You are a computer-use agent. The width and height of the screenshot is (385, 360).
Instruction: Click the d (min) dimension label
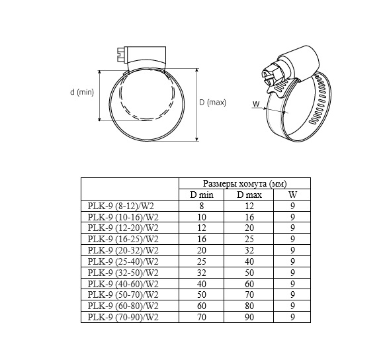click(82, 92)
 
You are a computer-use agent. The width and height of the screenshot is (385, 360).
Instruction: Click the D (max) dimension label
click(212, 103)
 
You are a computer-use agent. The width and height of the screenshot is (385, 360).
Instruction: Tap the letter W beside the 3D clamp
click(256, 104)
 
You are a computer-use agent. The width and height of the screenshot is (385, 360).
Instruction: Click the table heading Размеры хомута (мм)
click(245, 183)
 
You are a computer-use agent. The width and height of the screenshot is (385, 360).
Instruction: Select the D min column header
click(202, 195)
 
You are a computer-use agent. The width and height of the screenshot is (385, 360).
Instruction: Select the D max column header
click(249, 195)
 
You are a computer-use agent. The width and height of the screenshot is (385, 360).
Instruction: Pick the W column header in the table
click(292, 195)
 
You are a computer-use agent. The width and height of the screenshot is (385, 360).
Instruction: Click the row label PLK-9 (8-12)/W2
click(121, 206)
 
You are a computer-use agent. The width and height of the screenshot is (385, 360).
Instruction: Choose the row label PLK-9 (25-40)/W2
click(123, 261)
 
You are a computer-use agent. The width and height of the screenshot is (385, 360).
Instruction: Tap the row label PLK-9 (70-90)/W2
click(123, 317)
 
